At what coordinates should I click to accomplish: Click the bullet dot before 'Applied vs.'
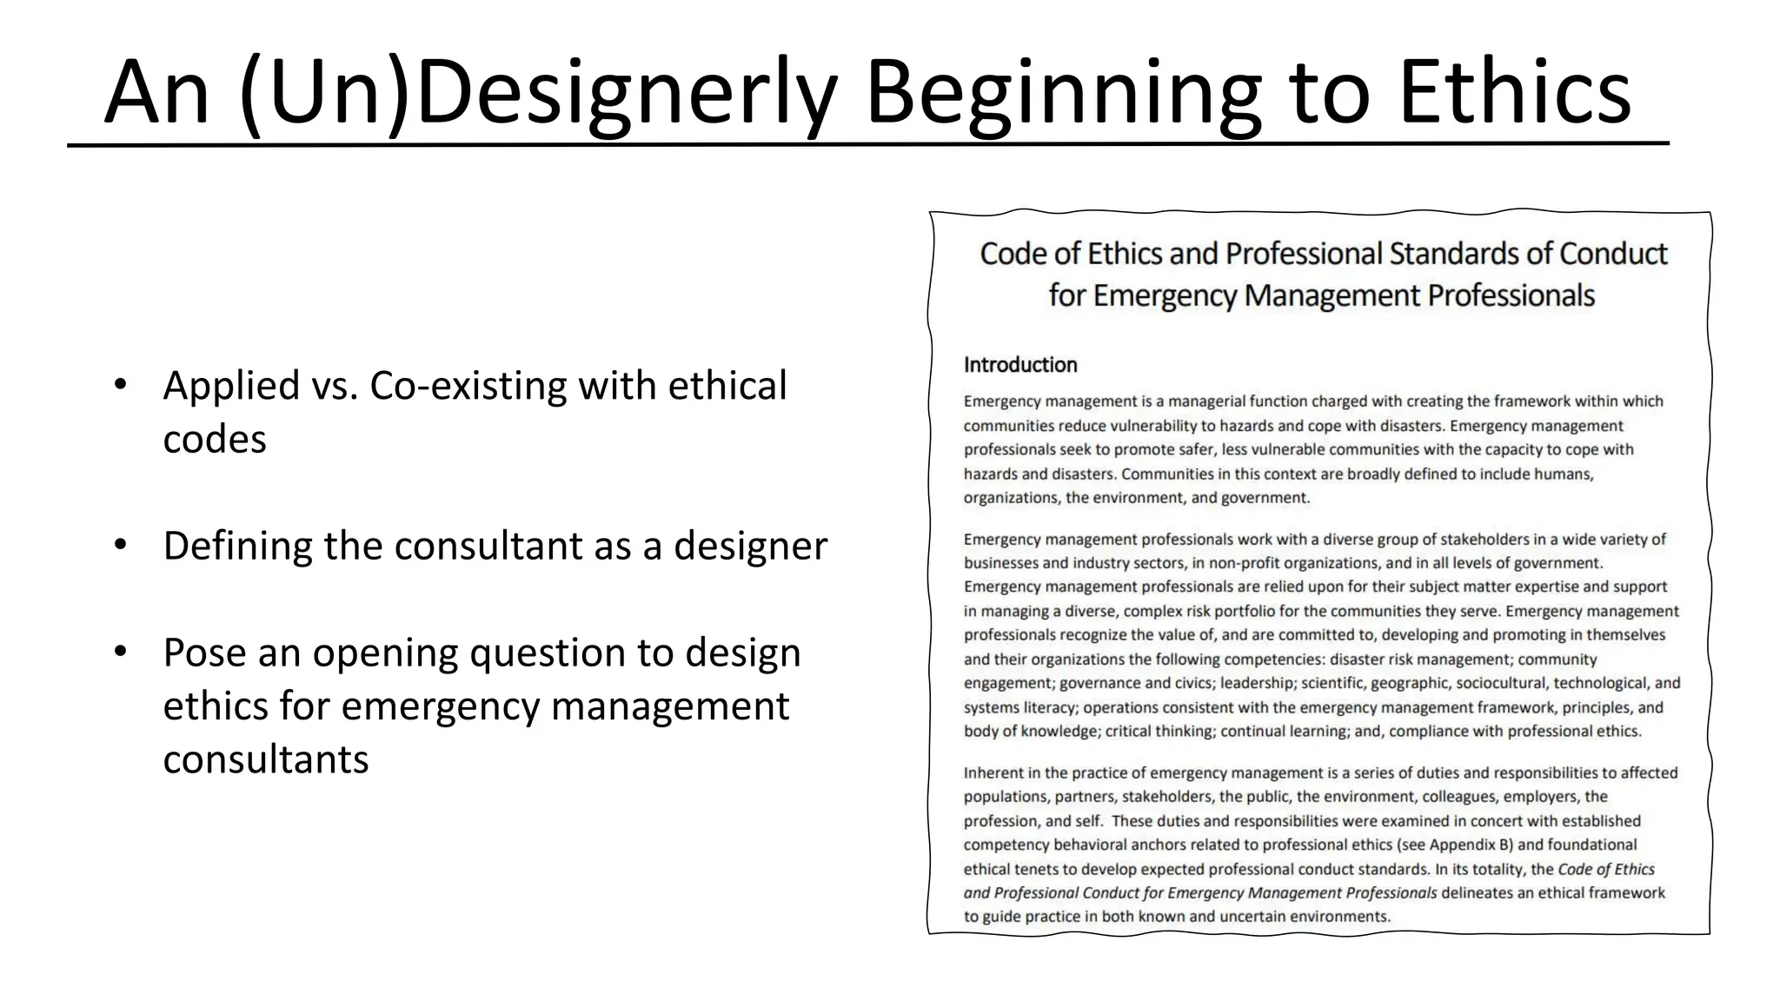click(x=120, y=385)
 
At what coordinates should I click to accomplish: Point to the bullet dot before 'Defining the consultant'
click(x=120, y=546)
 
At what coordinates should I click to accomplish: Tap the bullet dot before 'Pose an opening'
click(x=120, y=653)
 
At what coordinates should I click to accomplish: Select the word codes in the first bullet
click(x=214, y=439)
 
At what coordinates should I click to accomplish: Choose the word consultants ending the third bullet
click(x=265, y=759)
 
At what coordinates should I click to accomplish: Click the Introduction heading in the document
click(x=1020, y=365)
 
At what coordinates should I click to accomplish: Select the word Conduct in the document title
click(x=1613, y=254)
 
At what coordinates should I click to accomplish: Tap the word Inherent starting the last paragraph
click(x=994, y=772)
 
